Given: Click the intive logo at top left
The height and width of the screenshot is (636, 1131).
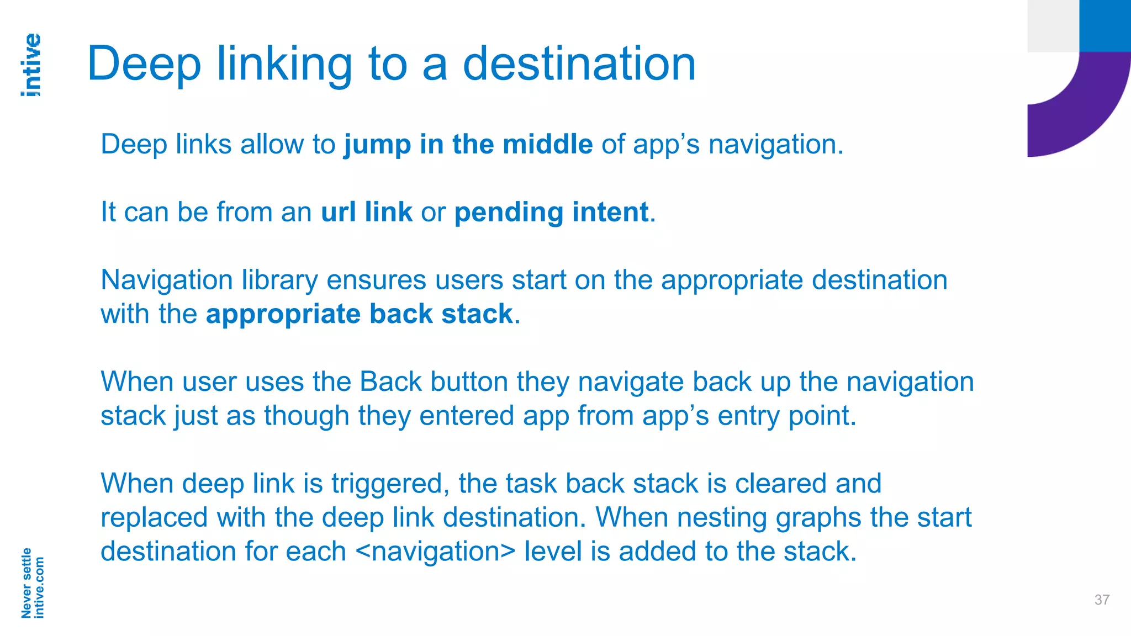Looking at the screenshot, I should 31,65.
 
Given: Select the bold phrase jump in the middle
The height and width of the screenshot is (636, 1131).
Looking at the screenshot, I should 468,145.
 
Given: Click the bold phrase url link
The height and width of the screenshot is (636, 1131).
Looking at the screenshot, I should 366,213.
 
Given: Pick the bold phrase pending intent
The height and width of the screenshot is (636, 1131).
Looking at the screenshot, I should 551,213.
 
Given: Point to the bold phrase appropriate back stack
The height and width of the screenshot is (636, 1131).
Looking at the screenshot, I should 359,314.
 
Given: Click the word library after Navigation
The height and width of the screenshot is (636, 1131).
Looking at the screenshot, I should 279,280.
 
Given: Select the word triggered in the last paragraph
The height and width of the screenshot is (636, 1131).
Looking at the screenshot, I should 390,484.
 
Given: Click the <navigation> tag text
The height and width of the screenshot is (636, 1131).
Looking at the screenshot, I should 436,552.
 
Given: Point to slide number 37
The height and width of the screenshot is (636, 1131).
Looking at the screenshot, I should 1102,600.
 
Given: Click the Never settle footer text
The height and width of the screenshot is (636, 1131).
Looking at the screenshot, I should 26,583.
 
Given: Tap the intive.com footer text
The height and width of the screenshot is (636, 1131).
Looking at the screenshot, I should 39,587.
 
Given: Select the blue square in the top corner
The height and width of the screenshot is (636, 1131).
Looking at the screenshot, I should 1105,25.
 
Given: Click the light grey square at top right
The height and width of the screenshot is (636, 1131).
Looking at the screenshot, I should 1053,25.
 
